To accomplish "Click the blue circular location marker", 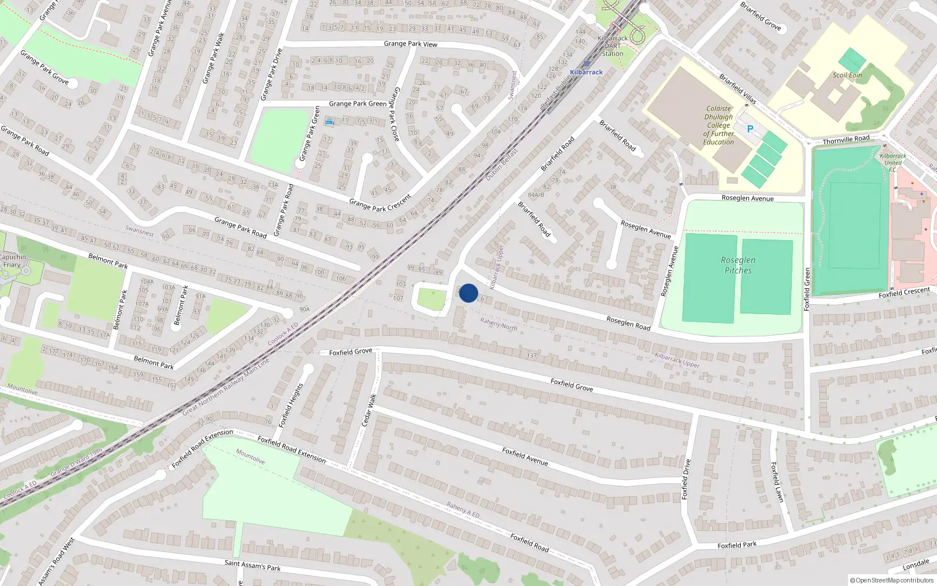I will (468, 293).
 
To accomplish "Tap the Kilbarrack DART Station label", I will (613, 46).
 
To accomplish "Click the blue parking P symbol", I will (750, 129).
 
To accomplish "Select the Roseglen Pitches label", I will (738, 265).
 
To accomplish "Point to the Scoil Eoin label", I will (847, 75).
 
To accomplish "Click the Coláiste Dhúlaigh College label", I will (719, 125).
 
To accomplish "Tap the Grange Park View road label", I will (411, 44).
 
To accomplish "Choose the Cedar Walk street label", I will (369, 410).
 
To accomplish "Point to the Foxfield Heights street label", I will (291, 405).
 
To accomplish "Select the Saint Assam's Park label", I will (252, 565).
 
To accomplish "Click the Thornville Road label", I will (846, 139).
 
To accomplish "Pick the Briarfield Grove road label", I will (760, 16).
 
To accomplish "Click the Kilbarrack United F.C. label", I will (892, 163).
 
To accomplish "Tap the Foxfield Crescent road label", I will (904, 292).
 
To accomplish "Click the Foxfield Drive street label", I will (686, 479).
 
